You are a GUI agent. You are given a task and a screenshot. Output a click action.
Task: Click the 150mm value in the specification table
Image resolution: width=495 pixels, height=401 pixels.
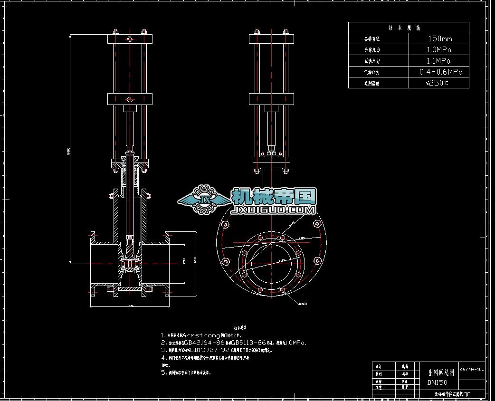[439, 38]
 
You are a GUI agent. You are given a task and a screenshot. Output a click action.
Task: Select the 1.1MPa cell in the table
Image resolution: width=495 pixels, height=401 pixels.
[438, 61]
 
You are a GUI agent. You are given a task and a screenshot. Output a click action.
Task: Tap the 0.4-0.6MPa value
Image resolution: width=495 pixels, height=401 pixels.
[440, 72]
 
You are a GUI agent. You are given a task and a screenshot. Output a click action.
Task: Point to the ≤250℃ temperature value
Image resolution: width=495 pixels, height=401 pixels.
[437, 83]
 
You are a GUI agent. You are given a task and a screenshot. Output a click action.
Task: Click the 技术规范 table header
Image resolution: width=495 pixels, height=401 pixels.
[408, 28]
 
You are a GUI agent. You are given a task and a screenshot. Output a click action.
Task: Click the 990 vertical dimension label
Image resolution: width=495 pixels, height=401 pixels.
[69, 152]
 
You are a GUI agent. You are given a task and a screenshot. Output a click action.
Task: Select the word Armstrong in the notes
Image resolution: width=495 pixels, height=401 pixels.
[201, 335]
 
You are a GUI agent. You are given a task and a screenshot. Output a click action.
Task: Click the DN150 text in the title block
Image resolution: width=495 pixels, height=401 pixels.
[437, 382]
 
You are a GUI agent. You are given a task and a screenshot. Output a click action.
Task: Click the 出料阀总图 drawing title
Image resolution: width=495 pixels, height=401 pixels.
[441, 372]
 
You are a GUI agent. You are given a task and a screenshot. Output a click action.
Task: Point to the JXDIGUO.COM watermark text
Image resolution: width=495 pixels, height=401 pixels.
[274, 210]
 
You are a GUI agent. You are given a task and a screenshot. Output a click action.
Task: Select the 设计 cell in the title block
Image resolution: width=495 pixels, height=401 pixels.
[379, 367]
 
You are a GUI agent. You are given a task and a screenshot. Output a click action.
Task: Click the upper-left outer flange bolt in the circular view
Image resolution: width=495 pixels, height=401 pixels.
[226, 224]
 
